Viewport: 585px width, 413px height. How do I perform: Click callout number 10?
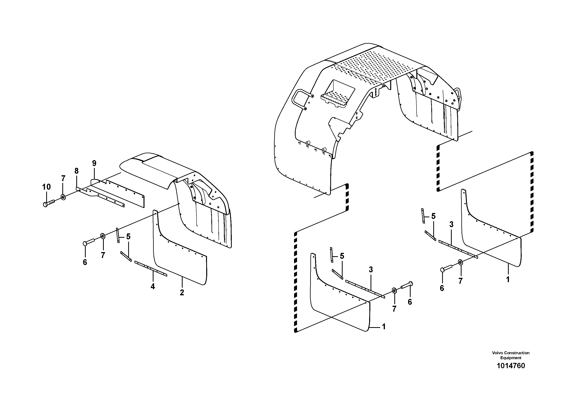[46, 187]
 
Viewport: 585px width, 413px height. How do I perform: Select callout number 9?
[94, 163]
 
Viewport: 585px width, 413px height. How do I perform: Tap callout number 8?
[76, 171]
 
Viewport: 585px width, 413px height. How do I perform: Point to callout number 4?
[153, 286]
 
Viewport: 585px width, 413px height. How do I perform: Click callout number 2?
[182, 293]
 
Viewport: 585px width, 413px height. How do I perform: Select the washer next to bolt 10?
[63, 197]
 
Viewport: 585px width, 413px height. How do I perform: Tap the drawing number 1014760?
[511, 366]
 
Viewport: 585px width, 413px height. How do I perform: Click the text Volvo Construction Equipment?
[511, 355]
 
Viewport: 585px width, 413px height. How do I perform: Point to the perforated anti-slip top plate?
[377, 66]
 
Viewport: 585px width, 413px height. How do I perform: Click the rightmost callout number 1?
[508, 279]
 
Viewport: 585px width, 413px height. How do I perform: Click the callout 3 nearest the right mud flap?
[451, 224]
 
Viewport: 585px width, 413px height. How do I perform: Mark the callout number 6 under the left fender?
[85, 262]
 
